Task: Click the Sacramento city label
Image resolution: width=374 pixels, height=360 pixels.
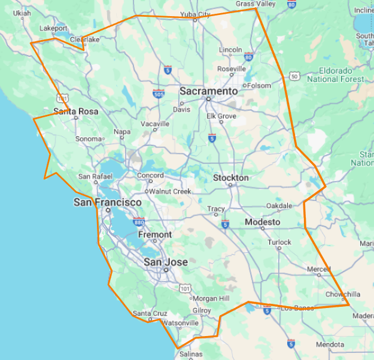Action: point(209,91)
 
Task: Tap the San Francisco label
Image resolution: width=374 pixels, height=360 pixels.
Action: point(108,203)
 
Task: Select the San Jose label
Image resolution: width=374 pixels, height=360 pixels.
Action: point(166,262)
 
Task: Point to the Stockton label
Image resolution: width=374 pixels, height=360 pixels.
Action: point(230,178)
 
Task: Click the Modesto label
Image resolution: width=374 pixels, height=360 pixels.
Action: point(262,222)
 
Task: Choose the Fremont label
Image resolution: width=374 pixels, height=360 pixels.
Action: point(155,235)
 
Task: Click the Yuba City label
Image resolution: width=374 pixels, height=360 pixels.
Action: point(196,14)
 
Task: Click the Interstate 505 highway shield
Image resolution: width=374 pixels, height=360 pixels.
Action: point(159,94)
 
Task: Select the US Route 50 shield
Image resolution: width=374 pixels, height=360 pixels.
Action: point(294,76)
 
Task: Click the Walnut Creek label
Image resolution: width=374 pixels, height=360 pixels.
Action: point(170,191)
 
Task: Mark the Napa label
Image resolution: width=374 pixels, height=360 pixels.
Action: point(122,132)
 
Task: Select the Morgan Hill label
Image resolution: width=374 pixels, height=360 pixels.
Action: point(209,298)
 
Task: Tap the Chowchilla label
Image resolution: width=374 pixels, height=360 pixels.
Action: point(343,294)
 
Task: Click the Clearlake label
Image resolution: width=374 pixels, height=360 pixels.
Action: point(84,39)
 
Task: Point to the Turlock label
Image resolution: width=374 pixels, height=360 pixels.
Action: point(279,242)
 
